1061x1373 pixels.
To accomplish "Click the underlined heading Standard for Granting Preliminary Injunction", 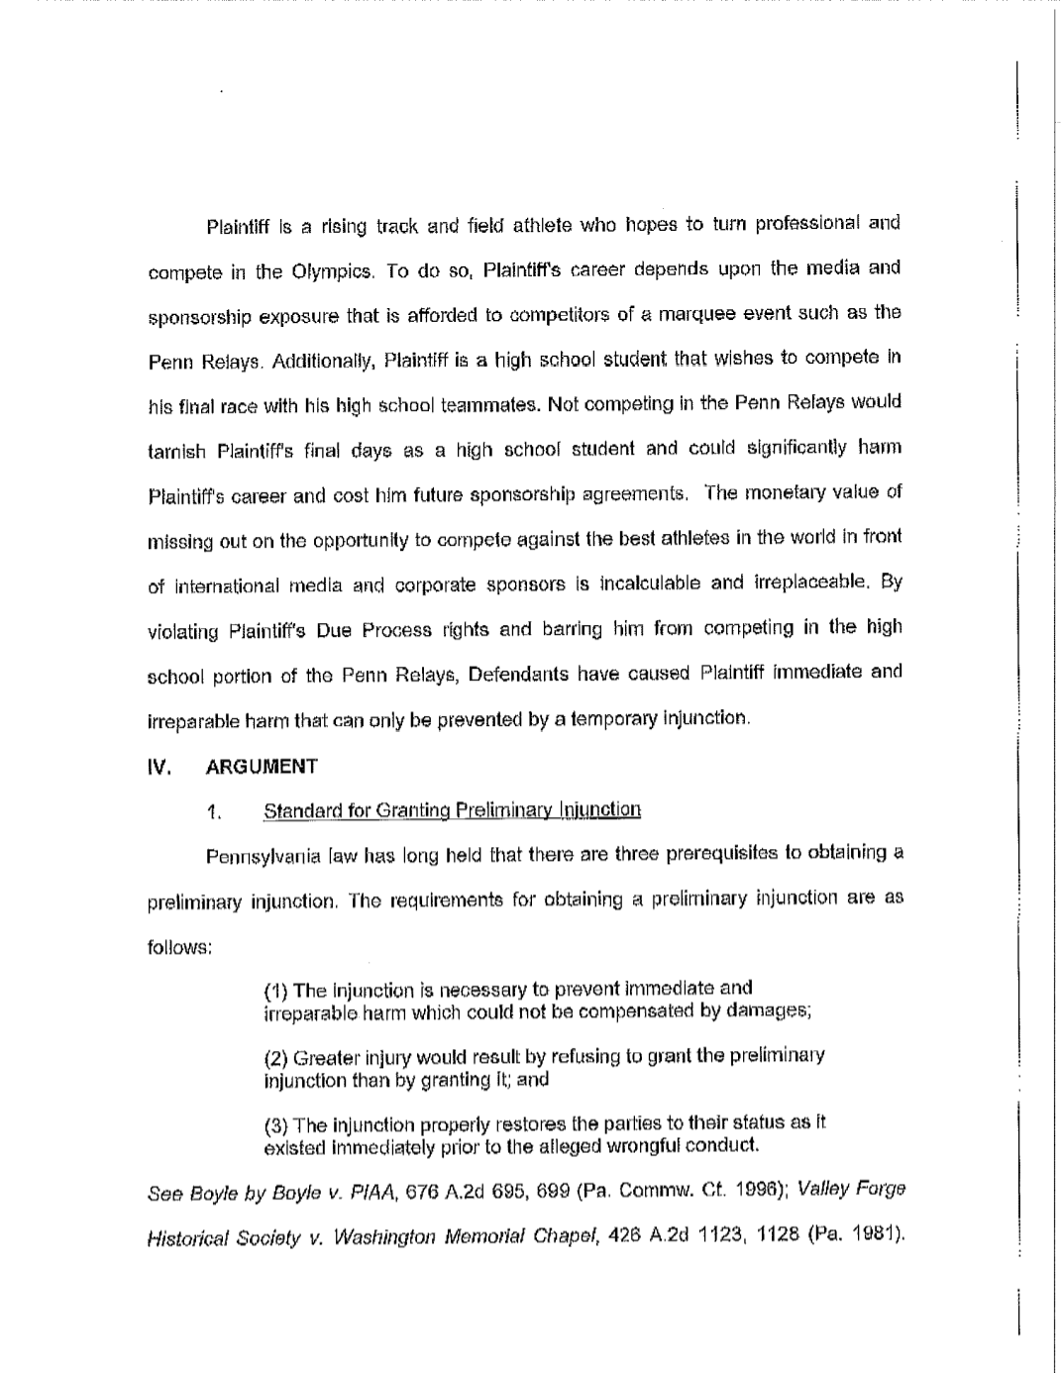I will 452,810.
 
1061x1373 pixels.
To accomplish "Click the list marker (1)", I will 275,990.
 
